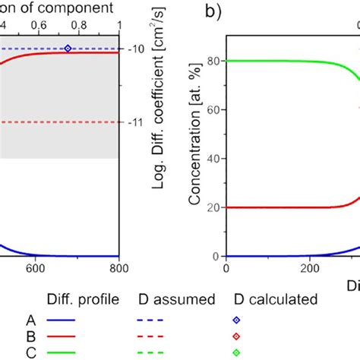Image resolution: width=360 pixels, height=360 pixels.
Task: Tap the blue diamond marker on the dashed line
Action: click(68, 49)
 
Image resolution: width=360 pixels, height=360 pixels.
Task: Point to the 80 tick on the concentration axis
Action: click(213, 61)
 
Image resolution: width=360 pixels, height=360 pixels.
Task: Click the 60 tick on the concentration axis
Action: click(213, 110)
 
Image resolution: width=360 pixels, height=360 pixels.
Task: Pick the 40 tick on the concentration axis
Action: click(213, 159)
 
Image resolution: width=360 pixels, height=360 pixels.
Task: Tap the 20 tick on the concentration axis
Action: click(213, 207)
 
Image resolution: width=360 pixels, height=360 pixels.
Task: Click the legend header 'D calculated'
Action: click(274, 300)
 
